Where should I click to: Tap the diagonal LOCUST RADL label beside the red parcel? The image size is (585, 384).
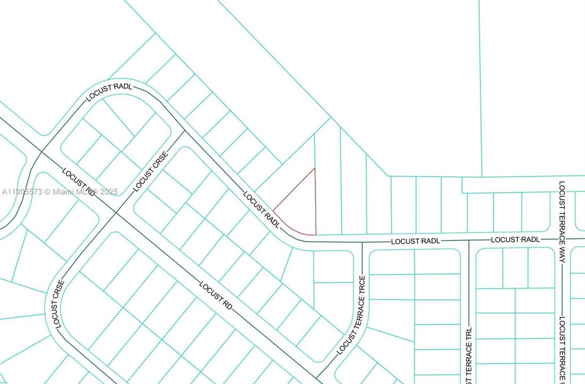(262, 210)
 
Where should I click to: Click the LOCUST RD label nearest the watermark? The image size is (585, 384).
(78, 182)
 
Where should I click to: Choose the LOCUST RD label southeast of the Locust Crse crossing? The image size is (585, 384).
(216, 295)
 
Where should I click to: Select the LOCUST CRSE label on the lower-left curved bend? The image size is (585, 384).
(58, 304)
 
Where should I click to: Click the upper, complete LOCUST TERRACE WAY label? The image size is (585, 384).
(562, 222)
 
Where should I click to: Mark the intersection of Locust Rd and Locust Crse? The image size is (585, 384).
(116, 213)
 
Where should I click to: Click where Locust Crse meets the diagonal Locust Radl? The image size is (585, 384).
(184, 131)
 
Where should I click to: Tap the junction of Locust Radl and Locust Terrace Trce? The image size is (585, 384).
(362, 242)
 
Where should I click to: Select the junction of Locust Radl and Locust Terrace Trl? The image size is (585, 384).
(469, 241)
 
